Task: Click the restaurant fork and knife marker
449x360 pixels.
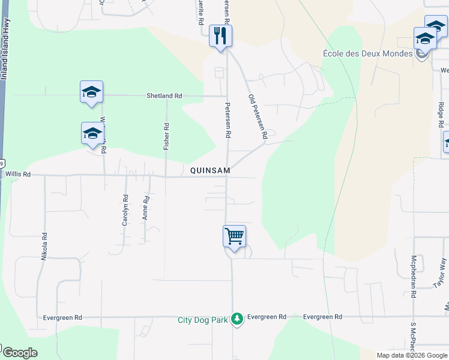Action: pos(220,35)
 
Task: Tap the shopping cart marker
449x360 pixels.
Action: pos(234,235)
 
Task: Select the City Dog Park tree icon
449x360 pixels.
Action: pos(238,318)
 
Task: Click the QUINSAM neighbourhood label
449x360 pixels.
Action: pos(210,171)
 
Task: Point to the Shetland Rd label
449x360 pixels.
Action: pos(164,96)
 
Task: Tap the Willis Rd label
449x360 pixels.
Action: pos(17,174)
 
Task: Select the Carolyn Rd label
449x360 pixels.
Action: pos(125,209)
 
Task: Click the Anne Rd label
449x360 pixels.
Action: pos(146,207)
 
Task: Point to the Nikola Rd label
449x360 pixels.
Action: pos(44,247)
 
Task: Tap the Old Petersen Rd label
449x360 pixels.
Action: pos(257,117)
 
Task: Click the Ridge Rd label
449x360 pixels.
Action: pos(441,114)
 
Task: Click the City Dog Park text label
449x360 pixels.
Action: pos(203,320)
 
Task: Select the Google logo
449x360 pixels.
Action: pos(19,353)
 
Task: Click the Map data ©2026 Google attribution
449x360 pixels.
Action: pos(411,355)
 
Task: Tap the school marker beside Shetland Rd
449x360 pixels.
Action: pos(91,92)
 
